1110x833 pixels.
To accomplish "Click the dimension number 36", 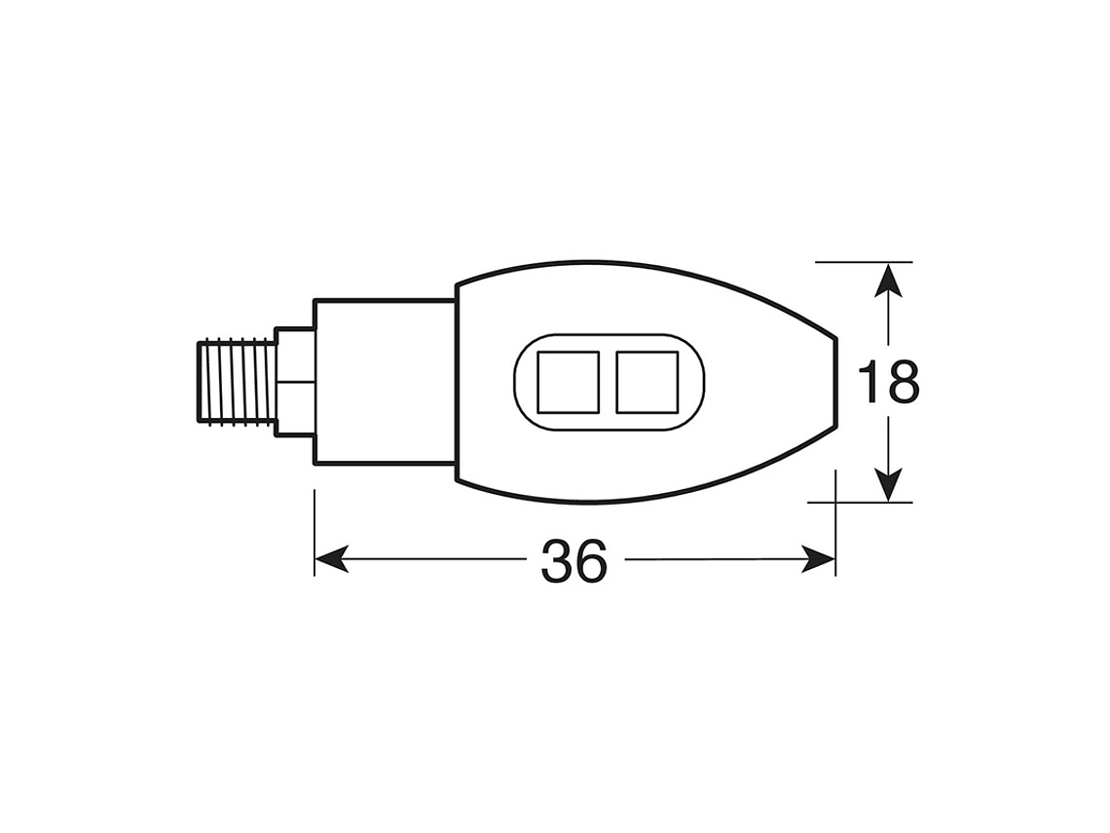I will coord(574,561).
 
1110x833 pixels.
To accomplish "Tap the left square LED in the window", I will coord(569,382).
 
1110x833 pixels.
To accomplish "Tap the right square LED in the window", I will coord(647,382).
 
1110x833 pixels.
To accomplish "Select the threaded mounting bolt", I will coord(236,381).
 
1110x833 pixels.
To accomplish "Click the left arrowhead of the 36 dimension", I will coord(331,559).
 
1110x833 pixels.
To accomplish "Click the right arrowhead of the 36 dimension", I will coord(819,559).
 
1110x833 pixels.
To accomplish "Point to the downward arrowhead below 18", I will coord(886,484).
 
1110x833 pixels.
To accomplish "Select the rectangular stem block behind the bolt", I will coord(384,382).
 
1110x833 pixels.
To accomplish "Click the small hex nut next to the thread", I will coord(294,381).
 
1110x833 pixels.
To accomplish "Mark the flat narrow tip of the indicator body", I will coord(835,382).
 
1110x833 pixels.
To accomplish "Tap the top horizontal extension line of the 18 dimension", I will coord(863,262).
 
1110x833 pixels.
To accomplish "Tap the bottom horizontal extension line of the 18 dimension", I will coord(863,503).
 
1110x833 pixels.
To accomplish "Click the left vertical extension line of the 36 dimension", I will coord(314,531).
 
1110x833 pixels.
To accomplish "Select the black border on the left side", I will coord(68,416).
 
